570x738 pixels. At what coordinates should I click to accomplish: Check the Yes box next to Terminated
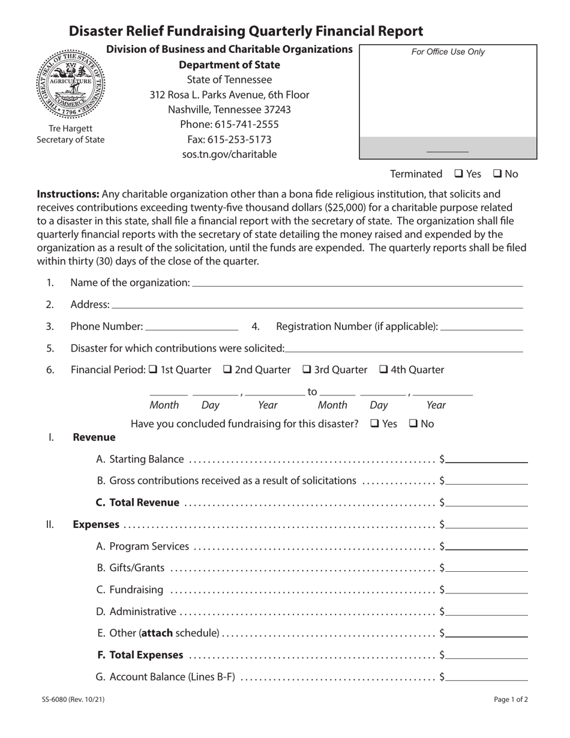(458, 174)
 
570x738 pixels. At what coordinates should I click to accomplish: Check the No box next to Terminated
(497, 174)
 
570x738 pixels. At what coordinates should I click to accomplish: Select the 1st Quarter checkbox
(153, 370)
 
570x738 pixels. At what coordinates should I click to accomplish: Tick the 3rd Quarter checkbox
(307, 370)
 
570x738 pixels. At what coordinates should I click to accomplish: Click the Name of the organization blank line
(357, 284)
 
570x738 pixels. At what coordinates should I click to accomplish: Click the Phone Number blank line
(192, 328)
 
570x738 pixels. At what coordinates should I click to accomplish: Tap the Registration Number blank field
(481, 328)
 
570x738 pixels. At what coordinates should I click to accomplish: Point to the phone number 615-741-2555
(229, 125)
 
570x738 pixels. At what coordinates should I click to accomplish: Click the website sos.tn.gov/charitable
(229, 154)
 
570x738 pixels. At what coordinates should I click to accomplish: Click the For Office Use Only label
(448, 52)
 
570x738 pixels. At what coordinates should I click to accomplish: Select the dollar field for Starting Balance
(487, 460)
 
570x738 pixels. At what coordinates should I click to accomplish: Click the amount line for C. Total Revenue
(487, 504)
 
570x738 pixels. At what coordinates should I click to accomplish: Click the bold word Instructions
(68, 194)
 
